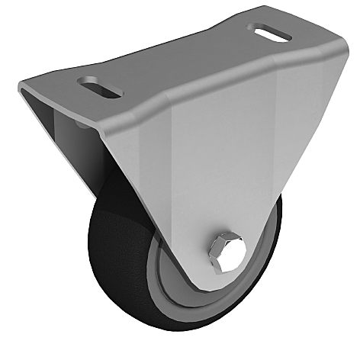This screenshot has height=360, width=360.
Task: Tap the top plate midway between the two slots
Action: pos(183,61)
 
